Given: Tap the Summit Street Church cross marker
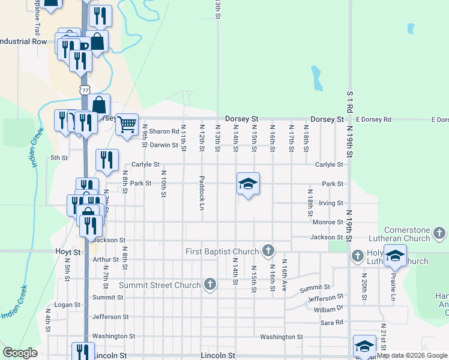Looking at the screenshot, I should pyautogui.click(x=209, y=284).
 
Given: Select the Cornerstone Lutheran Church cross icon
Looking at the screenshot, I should pyautogui.click(x=440, y=232).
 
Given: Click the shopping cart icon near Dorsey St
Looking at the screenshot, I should pyautogui.click(x=127, y=125).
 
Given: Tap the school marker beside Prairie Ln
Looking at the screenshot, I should pyautogui.click(x=395, y=256).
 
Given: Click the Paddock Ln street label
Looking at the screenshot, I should pyautogui.click(x=202, y=193).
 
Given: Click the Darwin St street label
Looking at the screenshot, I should pyautogui.click(x=164, y=145).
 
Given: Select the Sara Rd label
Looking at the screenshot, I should pyautogui.click(x=331, y=322).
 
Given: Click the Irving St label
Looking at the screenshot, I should pyautogui.click(x=331, y=203).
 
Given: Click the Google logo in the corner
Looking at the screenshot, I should pyautogui.click(x=20, y=353).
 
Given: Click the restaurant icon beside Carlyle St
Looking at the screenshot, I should pyautogui.click(x=106, y=160).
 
